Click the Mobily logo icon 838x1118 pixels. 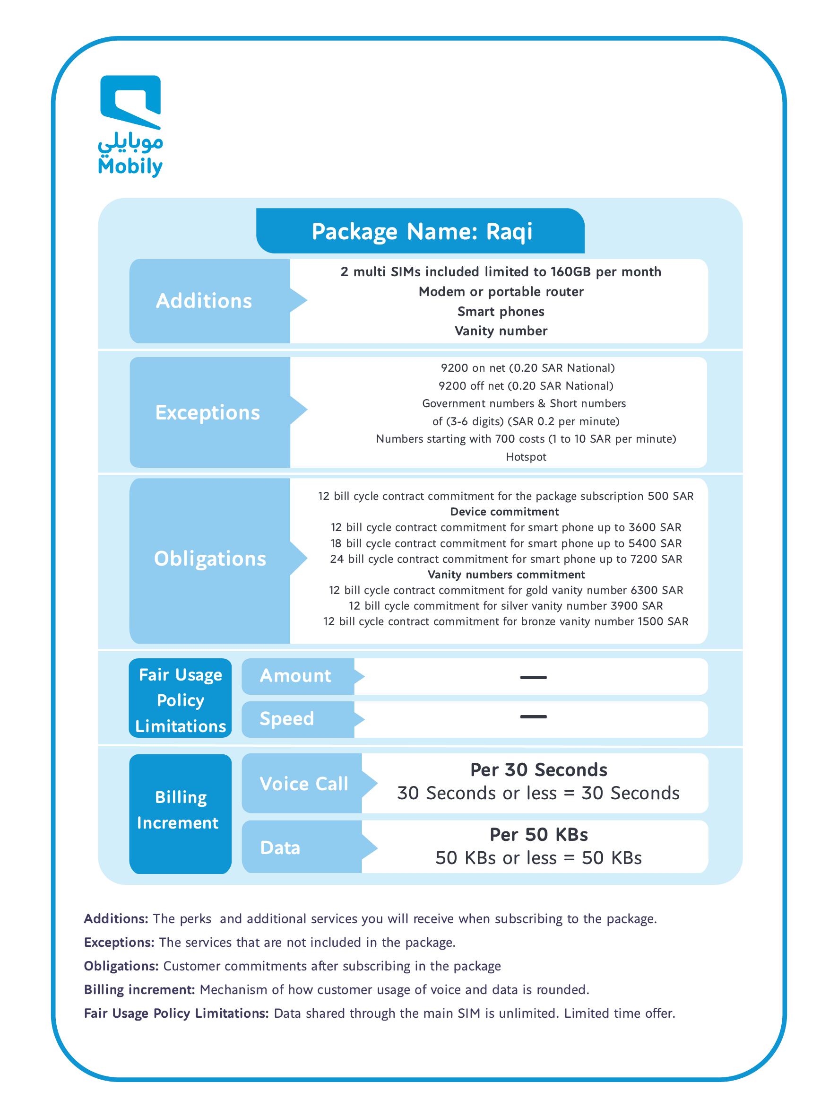click(130, 102)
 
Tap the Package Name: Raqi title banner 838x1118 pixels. click(421, 231)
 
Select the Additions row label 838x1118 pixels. click(204, 301)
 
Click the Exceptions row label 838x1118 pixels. click(207, 412)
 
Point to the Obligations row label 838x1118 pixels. click(210, 559)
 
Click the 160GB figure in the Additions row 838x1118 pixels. click(570, 272)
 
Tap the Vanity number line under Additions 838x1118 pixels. click(501, 331)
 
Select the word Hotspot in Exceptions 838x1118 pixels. click(526, 457)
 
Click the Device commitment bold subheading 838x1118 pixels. click(504, 512)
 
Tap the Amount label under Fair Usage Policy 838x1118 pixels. click(295, 676)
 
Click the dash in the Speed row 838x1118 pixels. click(533, 716)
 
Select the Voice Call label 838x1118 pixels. click(303, 784)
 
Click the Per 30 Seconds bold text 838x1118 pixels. click(538, 770)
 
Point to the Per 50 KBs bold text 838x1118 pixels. click(538, 834)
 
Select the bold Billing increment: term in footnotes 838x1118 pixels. click(139, 990)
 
